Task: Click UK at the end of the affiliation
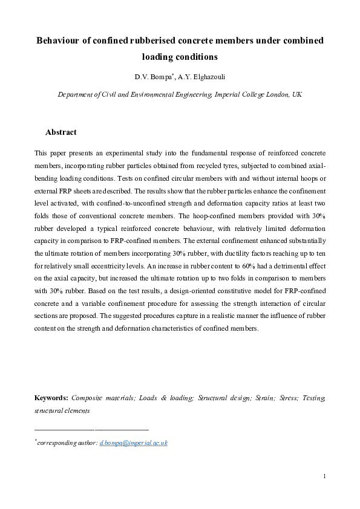pos(297,95)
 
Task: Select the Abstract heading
pos(61,132)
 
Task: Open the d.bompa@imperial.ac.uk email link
pos(134,443)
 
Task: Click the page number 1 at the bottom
pos(325,476)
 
